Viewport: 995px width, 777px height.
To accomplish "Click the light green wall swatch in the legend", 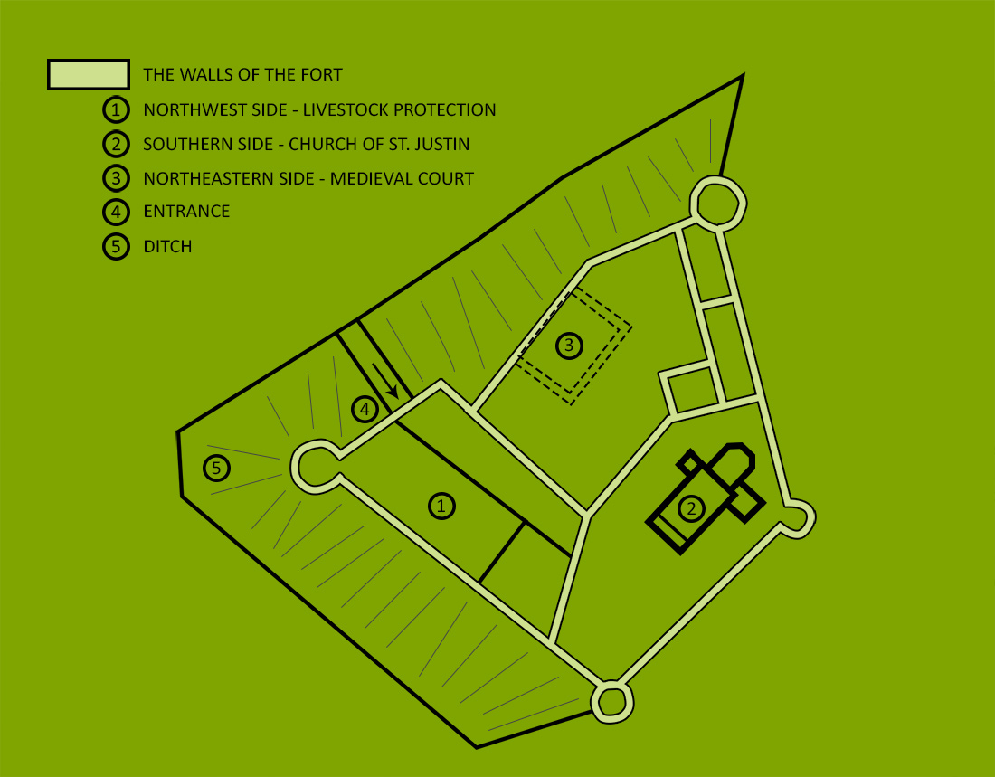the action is coord(89,74).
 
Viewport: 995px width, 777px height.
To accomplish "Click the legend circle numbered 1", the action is coord(116,109).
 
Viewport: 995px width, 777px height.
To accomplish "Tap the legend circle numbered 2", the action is coord(116,144).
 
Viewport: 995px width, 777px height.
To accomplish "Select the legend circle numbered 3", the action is coord(116,178).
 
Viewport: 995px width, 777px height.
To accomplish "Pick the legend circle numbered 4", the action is coord(116,212).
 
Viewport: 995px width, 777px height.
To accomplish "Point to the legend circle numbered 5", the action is coord(116,246).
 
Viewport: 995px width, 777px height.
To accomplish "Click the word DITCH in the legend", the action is coord(167,246).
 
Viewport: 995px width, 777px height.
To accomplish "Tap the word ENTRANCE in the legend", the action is coord(186,212).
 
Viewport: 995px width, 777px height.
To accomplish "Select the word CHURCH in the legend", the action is coord(322,144).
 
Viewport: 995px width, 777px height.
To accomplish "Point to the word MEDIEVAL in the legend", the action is coord(369,178).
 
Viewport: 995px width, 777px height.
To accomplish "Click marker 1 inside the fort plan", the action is coord(441,506).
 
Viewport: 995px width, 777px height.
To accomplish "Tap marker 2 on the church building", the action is coord(691,507).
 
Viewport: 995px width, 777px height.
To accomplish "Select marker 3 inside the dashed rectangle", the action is coord(569,346).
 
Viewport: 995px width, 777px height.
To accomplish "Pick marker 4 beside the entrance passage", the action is coord(365,410).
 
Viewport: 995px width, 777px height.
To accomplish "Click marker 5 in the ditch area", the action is coord(216,469).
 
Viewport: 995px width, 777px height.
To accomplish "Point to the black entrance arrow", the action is coord(385,381).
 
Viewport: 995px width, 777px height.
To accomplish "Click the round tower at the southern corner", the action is coord(612,702).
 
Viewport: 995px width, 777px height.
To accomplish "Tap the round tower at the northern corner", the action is coord(718,204).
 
